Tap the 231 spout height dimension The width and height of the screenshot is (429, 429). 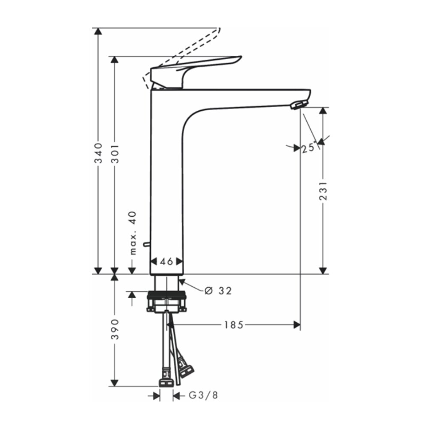pyautogui.click(x=323, y=190)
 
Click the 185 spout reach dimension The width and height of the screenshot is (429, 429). pyautogui.click(x=233, y=325)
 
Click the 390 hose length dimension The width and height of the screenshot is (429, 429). pyautogui.click(x=115, y=329)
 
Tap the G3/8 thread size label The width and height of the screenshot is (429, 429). pyautogui.click(x=203, y=395)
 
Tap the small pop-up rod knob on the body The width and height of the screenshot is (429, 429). pyautogui.click(x=147, y=244)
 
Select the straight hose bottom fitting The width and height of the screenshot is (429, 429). pyautogui.click(x=166, y=381)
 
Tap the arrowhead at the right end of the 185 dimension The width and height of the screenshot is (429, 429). pyautogui.click(x=296, y=325)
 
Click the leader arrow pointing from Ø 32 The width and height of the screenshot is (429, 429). pyautogui.click(x=182, y=281)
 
